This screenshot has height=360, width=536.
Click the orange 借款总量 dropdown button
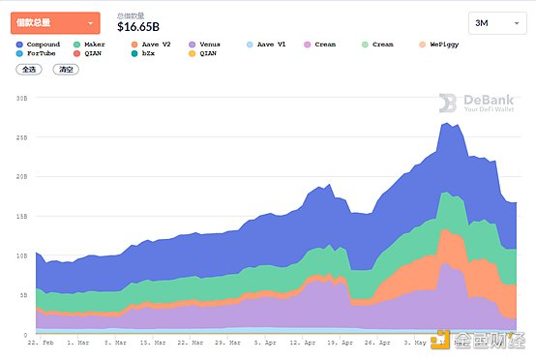pyautogui.click(x=55, y=22)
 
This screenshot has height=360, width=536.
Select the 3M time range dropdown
pyautogui.click(x=497, y=23)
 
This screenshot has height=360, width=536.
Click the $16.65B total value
pyautogui.click(x=137, y=27)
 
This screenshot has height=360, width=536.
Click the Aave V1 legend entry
pyautogui.click(x=268, y=45)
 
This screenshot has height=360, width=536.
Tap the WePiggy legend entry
pyautogui.click(x=442, y=45)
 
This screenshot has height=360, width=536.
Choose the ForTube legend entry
pyautogui.click(x=39, y=54)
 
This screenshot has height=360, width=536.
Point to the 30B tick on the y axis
pyautogui.click(x=20, y=98)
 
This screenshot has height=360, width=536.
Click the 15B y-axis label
pyautogui.click(x=20, y=216)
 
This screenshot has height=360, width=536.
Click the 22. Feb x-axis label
pyautogui.click(x=40, y=343)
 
